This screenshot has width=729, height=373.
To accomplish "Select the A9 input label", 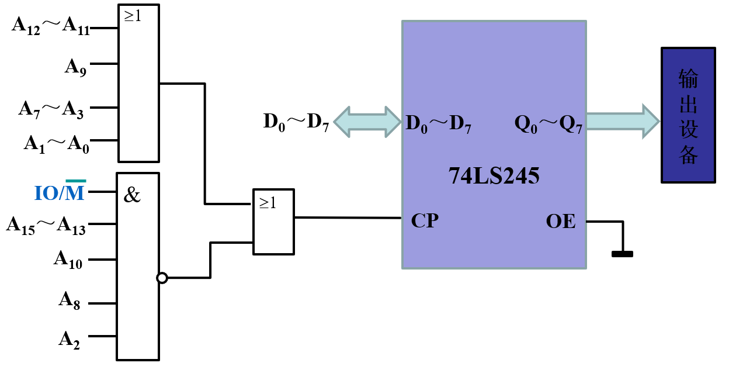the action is (x=75, y=67).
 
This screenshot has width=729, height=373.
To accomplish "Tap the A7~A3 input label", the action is (x=51, y=109).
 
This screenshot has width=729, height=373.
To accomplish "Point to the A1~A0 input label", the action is (x=56, y=144).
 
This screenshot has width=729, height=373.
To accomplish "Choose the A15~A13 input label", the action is (x=46, y=226).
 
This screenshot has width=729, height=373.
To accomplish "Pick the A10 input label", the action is (x=68, y=260).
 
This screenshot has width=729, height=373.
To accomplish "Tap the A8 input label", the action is (x=70, y=301).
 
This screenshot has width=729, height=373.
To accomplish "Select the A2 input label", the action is (x=70, y=340).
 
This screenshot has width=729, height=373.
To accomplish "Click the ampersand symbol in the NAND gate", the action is (x=132, y=195).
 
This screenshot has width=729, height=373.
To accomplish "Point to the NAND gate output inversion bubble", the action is (x=162, y=278).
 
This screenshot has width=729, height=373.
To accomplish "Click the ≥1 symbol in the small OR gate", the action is (x=268, y=203).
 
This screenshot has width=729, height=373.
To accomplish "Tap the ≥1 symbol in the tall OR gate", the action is (x=133, y=16).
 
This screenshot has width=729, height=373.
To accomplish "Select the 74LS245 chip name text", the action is (x=494, y=175).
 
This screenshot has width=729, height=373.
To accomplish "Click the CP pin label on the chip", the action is (x=425, y=220).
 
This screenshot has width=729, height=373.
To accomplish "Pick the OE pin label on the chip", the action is (x=561, y=221).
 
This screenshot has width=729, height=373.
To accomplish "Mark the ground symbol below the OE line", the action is (x=622, y=254).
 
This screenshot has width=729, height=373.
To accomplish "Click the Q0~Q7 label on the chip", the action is (x=549, y=125).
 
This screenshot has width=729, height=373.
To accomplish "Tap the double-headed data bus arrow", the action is (x=367, y=122).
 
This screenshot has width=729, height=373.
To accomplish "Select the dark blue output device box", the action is (x=688, y=115).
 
